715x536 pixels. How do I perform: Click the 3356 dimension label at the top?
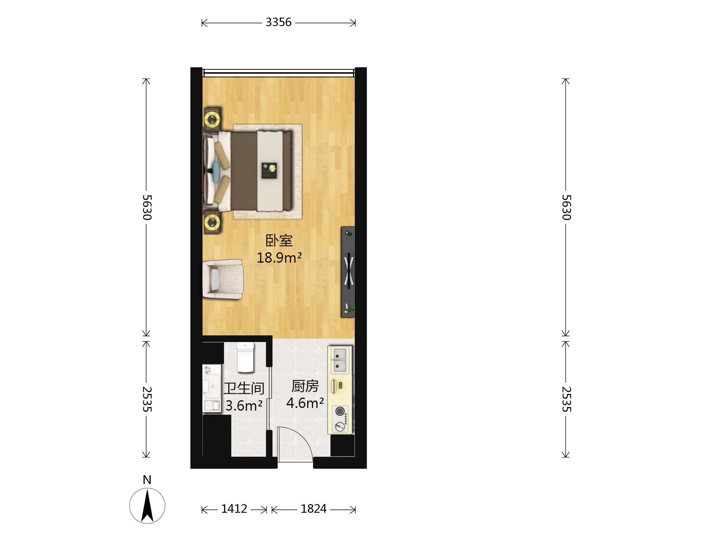[x=278, y=22]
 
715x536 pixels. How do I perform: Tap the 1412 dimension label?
[x=234, y=509]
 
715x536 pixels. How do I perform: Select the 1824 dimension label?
[x=313, y=509]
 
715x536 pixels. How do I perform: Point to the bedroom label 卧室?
[x=279, y=240]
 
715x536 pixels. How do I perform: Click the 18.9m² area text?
[x=279, y=258]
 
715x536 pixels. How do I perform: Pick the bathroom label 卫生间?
[x=244, y=388]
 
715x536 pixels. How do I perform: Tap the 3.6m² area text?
[x=244, y=406]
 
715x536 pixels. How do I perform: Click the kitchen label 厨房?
[x=305, y=386]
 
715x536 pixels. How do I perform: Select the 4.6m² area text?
[x=305, y=403]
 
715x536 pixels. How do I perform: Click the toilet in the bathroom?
[x=245, y=358]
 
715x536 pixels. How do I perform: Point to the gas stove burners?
[x=340, y=419]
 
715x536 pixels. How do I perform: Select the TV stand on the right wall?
[x=348, y=272]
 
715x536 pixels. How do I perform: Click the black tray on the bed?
[x=269, y=170]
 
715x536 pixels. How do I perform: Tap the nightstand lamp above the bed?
[x=212, y=119]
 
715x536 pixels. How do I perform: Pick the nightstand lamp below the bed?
[x=212, y=222]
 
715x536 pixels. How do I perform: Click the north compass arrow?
[x=147, y=505]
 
